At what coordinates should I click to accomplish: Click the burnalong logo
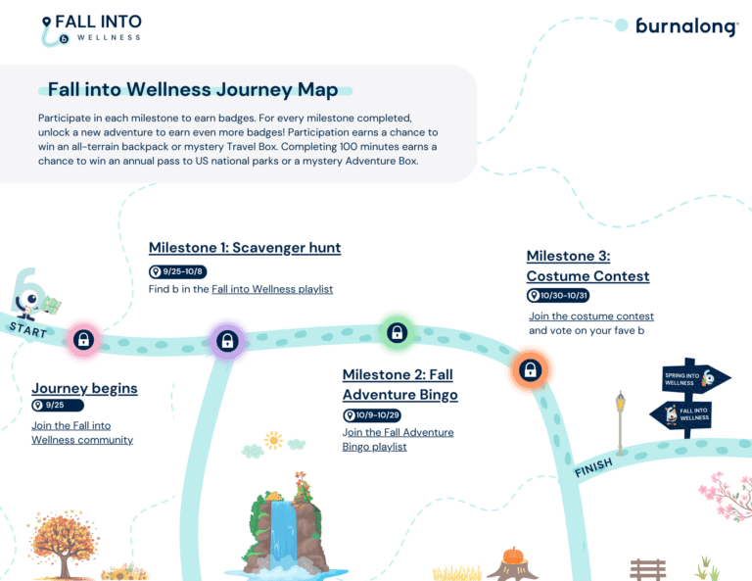[686, 26]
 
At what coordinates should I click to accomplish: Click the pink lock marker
[84, 340]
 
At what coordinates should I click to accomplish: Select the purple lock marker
[227, 341]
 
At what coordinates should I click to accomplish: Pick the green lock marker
[398, 332]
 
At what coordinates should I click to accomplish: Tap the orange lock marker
[530, 370]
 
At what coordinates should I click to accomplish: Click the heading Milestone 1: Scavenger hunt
[245, 248]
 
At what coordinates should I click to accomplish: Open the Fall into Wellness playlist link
[272, 289]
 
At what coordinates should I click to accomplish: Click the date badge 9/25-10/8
[178, 271]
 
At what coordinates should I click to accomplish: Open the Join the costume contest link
[591, 316]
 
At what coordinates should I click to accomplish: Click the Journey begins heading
[84, 388]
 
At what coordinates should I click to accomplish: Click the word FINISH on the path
[593, 467]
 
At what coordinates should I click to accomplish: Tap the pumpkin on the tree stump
[513, 557]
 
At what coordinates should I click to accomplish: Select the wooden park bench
[647, 568]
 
